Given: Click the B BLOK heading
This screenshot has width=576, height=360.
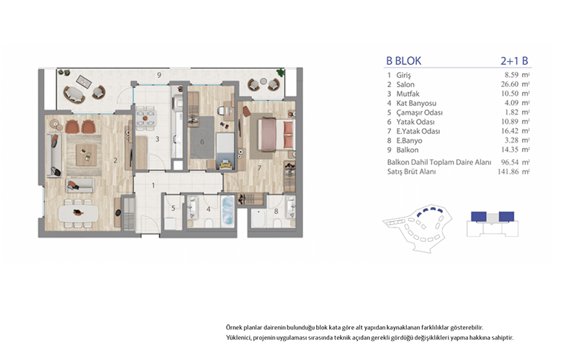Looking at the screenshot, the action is [x=404, y=61].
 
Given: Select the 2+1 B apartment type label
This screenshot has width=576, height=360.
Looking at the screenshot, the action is [x=514, y=61].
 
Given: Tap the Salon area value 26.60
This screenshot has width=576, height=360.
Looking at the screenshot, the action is [x=510, y=84].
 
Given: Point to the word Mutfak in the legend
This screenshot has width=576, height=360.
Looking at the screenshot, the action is [x=408, y=94].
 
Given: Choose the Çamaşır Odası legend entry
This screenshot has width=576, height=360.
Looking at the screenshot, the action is [x=420, y=112].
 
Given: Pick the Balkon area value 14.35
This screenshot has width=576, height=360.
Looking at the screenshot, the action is [x=510, y=150].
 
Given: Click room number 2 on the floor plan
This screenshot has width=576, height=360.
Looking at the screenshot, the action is [x=115, y=161].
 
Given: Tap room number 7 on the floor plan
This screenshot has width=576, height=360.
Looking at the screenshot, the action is [x=259, y=168].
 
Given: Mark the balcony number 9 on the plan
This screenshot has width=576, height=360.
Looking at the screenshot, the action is [x=159, y=75].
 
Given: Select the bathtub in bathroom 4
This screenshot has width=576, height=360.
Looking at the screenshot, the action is [x=228, y=212].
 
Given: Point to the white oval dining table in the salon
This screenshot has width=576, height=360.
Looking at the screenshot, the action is [x=78, y=213].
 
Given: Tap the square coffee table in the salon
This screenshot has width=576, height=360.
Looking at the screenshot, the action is [x=86, y=155].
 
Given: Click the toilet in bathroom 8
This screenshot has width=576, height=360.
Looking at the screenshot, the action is [x=277, y=222].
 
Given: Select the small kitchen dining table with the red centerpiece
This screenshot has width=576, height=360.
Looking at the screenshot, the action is [x=145, y=118].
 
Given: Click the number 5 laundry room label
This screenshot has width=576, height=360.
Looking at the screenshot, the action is [x=174, y=208].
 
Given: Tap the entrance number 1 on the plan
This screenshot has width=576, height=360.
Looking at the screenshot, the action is [x=153, y=186].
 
